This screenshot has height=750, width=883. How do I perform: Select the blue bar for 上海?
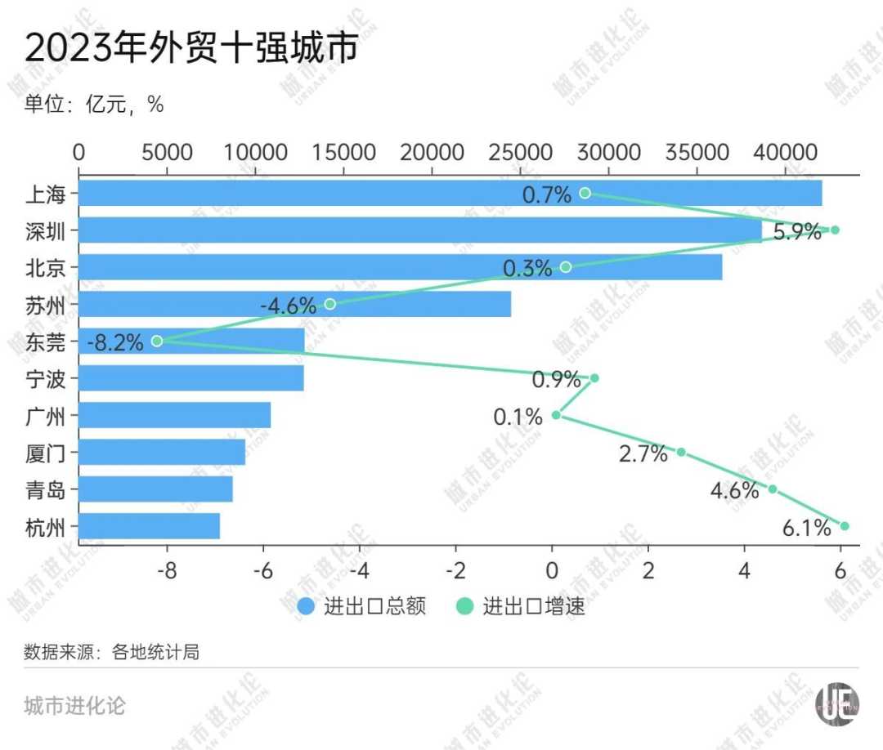(450, 194)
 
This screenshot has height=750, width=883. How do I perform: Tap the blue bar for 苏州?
(294, 304)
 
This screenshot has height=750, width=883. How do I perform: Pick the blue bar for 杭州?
(150, 526)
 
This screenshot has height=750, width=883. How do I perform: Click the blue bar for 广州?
(175, 415)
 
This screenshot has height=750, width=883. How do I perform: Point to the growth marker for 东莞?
(157, 341)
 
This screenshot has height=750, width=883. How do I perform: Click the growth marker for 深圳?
(835, 230)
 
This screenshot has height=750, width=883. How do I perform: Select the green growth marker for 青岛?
(773, 489)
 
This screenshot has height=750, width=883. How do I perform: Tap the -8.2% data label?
(115, 342)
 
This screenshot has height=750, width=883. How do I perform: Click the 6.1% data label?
(806, 529)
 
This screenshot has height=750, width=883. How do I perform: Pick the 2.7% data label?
(643, 454)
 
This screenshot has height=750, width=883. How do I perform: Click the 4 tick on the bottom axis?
(745, 569)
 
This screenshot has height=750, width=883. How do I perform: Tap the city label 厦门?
(45, 453)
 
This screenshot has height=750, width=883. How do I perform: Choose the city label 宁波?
(45, 378)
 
